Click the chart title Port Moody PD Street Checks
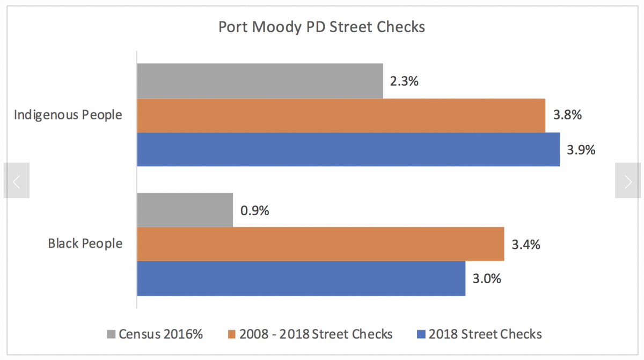[x=321, y=27]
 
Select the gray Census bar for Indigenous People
[x=260, y=81]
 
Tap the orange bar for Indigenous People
[x=341, y=115]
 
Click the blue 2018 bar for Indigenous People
[x=348, y=149]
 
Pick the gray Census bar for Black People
[x=185, y=210]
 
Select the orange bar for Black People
[x=320, y=244]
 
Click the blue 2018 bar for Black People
[x=301, y=278]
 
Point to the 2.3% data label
[x=404, y=82]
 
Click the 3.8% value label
[x=566, y=115]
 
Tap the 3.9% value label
[x=581, y=150]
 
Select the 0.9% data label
[x=254, y=210]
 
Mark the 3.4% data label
[x=525, y=245]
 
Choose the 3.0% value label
[x=486, y=278]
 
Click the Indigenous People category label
[x=68, y=115]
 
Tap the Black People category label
[x=85, y=244]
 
